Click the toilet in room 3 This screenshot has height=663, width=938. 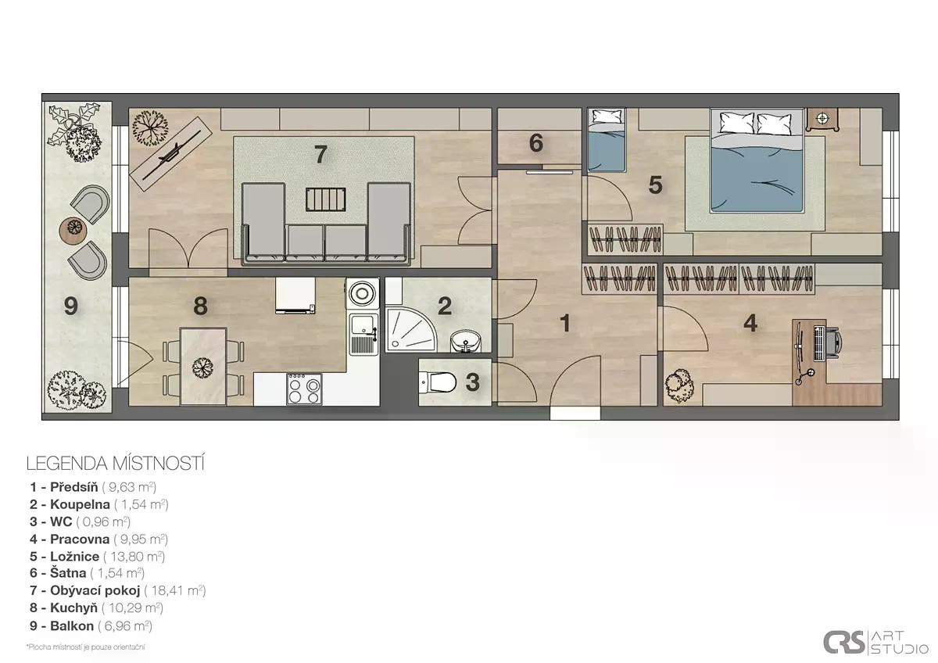coord(437,382)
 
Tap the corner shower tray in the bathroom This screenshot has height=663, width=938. coord(410,330)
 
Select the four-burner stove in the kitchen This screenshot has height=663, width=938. coord(304,389)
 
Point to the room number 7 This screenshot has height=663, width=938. coord(320,154)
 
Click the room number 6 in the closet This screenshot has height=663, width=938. coord(536,143)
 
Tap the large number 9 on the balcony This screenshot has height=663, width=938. coord(71,306)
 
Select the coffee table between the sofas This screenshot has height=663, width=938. coord(325,200)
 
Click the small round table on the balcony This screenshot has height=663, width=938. coord(73,230)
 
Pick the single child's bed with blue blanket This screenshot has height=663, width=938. coord(607,140)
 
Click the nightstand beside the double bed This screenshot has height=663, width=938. coord(822,120)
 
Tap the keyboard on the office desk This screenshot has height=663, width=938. coord(818,343)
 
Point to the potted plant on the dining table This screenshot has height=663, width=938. coord(202,367)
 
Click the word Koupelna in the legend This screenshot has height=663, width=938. coord(80,505)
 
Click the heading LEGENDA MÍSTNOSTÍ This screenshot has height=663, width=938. coord(115,464)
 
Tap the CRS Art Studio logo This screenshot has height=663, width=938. coord(875,642)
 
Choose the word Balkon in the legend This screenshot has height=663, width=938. coord(72,625)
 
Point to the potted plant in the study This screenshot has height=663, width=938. coord(679,385)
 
